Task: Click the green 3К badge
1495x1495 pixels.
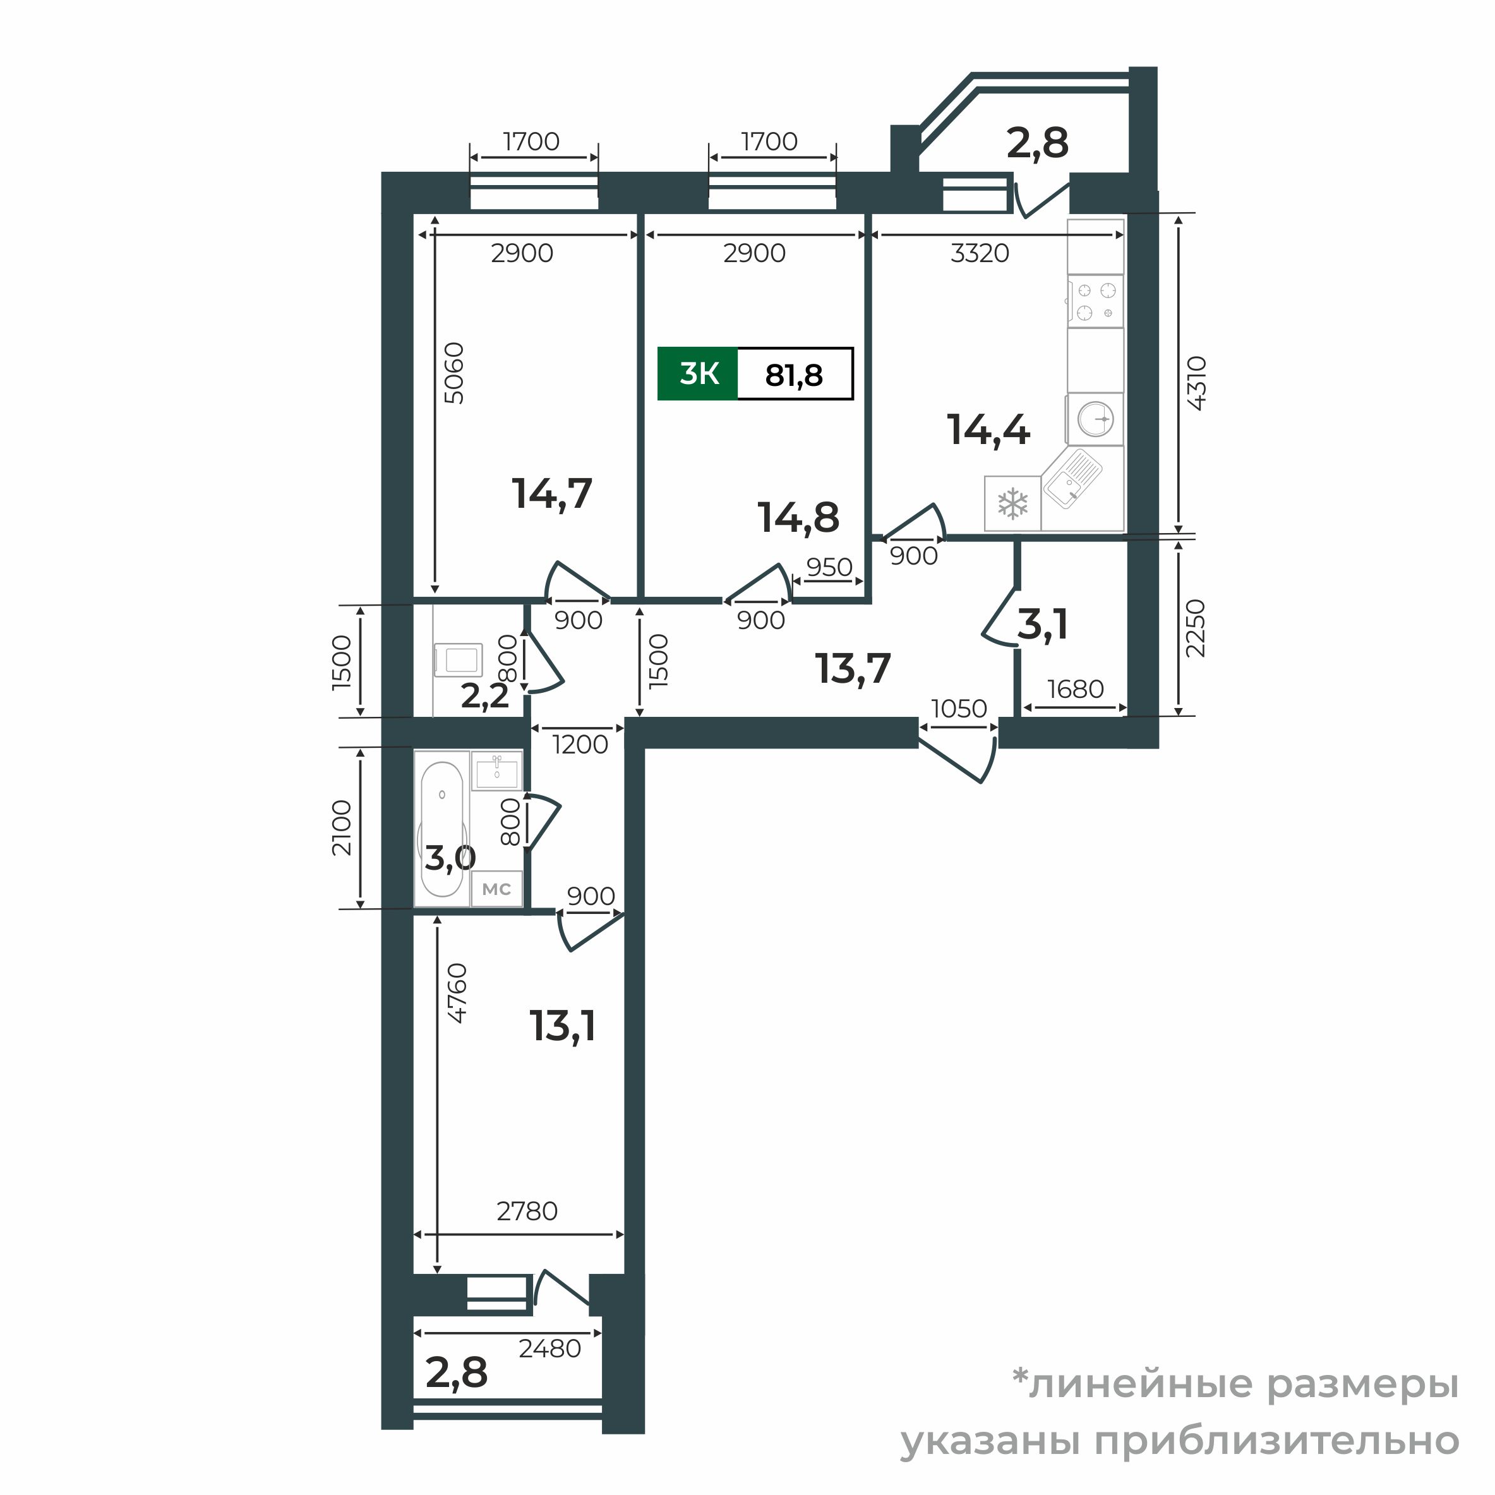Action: [x=697, y=375]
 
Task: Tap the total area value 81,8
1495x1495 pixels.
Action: [x=793, y=375]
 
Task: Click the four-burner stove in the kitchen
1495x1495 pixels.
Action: [x=1095, y=302]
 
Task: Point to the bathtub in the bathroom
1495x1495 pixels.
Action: [x=442, y=829]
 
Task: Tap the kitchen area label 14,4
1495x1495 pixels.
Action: [x=988, y=430]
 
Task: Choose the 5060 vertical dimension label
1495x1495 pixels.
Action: [x=454, y=373]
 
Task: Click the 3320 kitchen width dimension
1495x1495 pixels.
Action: [x=980, y=253]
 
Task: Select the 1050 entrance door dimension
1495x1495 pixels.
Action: [x=959, y=708]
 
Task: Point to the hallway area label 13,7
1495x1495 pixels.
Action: [x=853, y=669]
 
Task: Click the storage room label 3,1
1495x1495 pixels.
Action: [x=1042, y=625]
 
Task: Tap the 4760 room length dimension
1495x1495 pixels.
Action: [x=457, y=994]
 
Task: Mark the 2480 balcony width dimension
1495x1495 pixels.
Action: [x=549, y=1348]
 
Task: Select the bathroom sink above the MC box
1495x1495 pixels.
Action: [x=497, y=771]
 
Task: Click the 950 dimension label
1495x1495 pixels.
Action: [x=829, y=567]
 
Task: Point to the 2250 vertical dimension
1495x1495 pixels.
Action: [x=1196, y=628]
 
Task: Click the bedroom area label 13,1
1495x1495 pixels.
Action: [x=563, y=1026]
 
